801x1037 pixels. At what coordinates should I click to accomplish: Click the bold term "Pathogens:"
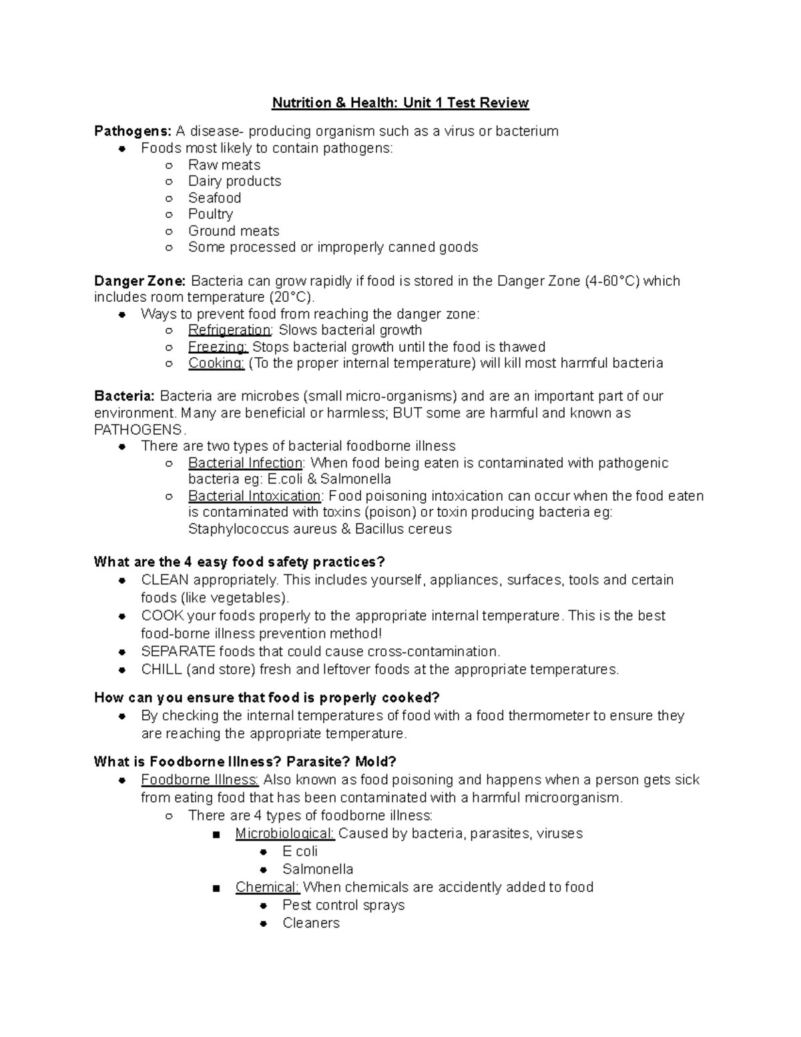coord(133,131)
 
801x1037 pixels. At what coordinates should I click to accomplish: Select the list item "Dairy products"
coord(234,181)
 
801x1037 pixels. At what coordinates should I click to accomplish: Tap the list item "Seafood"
coord(214,198)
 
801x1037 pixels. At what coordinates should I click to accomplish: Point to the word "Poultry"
coord(210,214)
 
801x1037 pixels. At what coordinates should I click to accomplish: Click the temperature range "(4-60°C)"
coord(611,280)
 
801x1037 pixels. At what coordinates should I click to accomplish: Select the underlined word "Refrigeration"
coord(229,330)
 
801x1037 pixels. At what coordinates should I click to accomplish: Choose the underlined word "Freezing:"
coord(218,347)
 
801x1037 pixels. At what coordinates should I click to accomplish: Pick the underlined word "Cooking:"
coord(216,363)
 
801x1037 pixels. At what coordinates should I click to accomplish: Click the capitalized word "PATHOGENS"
coord(138,429)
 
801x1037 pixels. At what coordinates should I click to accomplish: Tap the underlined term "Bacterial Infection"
coord(245,463)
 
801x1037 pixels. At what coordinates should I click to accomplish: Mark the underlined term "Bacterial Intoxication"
coord(254,496)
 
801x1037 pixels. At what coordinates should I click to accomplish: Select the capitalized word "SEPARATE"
coord(178,651)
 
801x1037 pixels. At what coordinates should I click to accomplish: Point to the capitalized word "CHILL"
coord(161,669)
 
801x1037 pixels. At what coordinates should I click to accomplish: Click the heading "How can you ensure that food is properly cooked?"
coord(266,698)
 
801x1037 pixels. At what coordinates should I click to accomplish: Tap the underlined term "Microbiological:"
coord(284,833)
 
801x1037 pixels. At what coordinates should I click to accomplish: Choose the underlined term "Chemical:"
coord(267,887)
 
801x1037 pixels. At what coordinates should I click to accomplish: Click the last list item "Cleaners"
coord(310,923)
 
